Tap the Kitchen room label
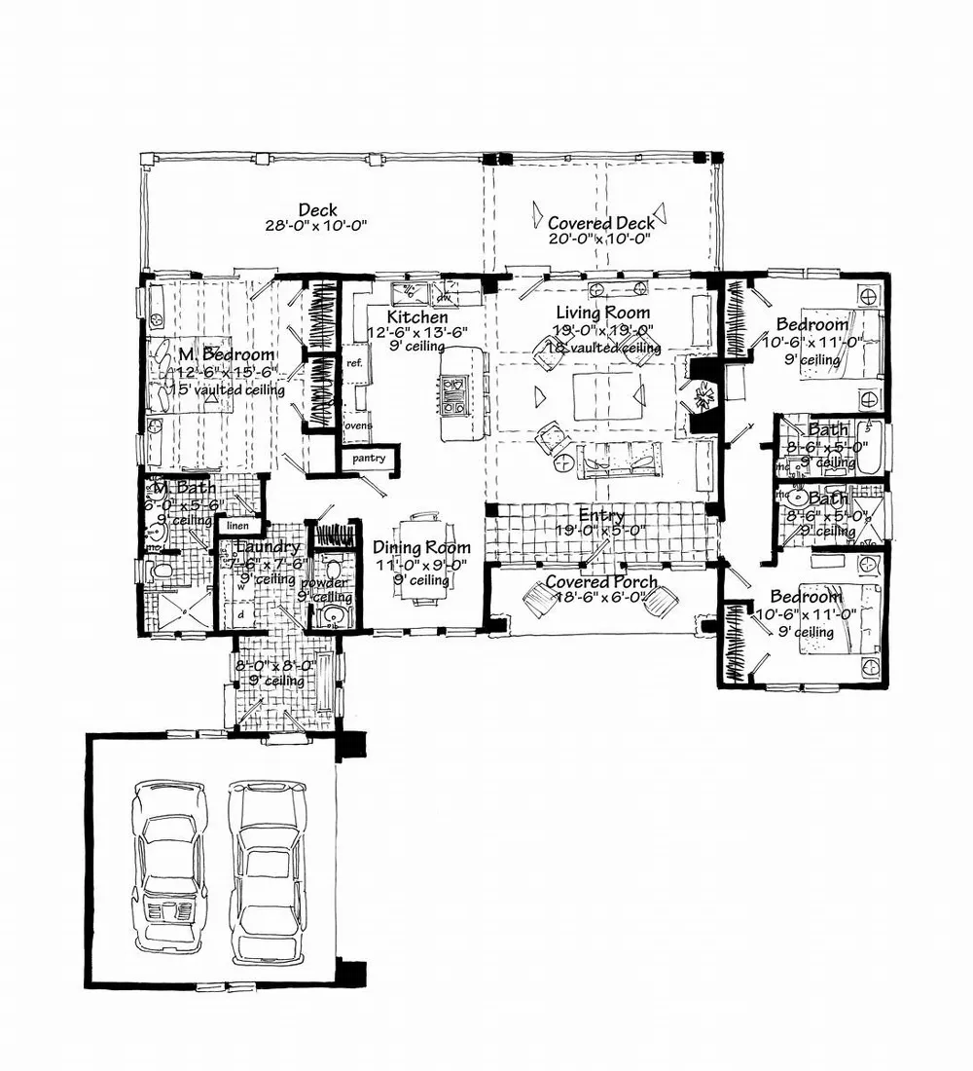pos(417,317)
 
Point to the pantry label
pos(369,458)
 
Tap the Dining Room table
pos(424,563)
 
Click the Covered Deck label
pos(600,223)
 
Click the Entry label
pos(600,515)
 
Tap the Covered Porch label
pos(600,582)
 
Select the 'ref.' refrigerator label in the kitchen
pos(353,362)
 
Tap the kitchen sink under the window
pos(414,290)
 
